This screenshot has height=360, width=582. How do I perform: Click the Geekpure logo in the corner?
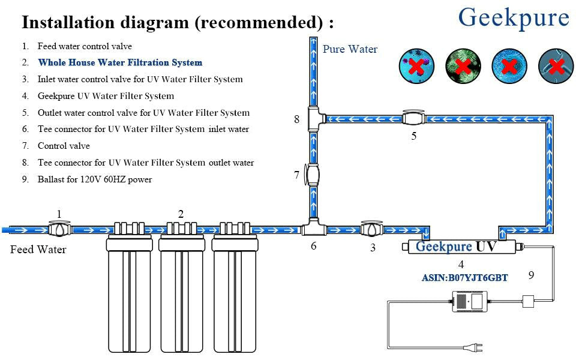(514, 18)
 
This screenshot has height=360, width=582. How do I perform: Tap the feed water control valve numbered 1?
(59, 229)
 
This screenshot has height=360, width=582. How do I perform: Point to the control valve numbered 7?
(312, 175)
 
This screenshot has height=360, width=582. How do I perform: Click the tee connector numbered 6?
(314, 227)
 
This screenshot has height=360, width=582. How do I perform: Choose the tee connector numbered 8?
(316, 119)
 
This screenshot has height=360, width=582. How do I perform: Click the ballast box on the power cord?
(470, 301)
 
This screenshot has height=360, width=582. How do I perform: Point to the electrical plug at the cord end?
(473, 347)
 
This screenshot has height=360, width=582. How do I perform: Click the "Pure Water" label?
(350, 49)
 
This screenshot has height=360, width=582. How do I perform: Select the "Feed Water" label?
(38, 250)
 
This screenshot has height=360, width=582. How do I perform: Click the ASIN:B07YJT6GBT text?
(465, 278)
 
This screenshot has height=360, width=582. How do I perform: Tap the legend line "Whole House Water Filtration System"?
(120, 62)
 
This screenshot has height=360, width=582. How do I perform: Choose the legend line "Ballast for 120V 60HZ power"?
(95, 179)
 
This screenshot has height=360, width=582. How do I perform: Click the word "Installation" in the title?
(68, 22)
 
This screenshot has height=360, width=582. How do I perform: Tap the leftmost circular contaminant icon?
(416, 66)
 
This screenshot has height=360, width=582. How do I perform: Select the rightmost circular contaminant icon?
(556, 66)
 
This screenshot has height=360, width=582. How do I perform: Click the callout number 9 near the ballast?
(532, 275)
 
